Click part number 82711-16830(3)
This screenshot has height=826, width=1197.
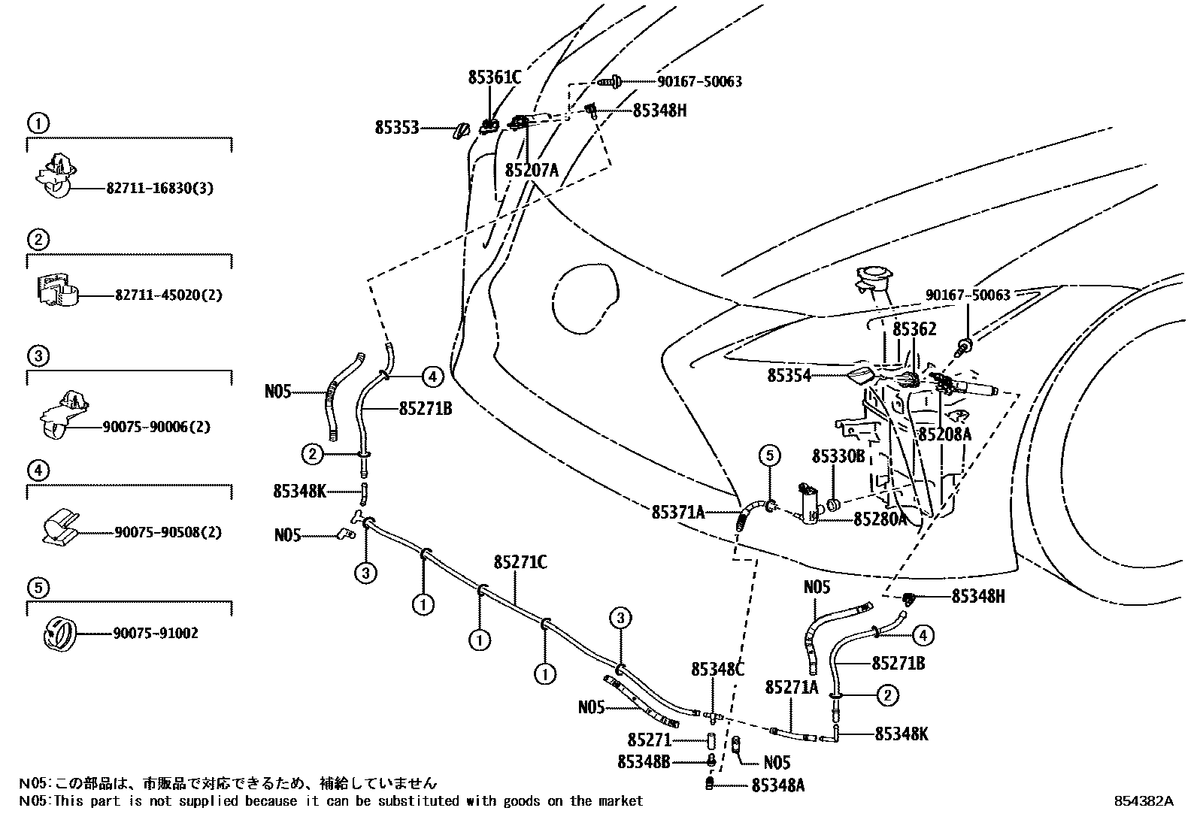point(159,189)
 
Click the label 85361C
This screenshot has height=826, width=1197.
point(494,77)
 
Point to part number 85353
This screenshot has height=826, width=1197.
point(396,129)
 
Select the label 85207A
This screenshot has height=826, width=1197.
point(532,171)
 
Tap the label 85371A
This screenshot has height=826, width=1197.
point(677,513)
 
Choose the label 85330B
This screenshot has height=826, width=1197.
point(838,456)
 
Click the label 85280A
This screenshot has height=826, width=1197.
point(880,519)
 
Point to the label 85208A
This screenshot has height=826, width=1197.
point(944,434)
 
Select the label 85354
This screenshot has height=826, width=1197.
point(789,375)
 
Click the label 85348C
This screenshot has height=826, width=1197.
point(717,668)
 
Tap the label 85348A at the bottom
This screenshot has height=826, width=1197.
point(777,785)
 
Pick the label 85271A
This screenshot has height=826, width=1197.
point(791,688)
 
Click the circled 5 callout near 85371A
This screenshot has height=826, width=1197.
point(769,455)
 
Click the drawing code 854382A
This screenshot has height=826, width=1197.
point(1144,801)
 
